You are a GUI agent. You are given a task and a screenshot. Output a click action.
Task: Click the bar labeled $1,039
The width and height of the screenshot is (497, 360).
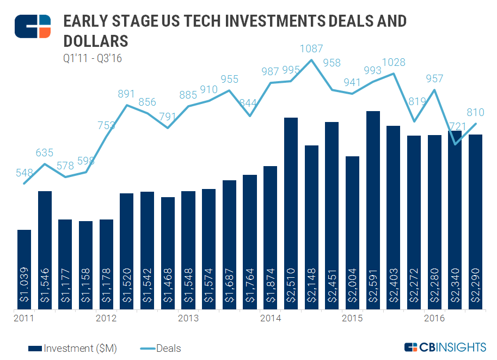point(24,270)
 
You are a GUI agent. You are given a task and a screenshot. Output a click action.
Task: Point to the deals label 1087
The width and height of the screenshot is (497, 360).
point(311,49)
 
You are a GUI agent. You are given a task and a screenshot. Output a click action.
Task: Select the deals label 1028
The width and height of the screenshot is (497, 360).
point(394,63)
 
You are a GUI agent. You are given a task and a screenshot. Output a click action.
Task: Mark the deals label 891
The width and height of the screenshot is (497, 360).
point(127,94)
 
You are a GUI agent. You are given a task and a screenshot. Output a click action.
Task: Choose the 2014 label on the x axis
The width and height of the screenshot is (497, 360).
point(271,318)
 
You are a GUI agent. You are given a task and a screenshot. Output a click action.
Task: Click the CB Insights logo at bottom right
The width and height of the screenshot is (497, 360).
point(445,347)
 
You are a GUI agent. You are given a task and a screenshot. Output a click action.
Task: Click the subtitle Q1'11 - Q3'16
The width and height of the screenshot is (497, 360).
point(92,58)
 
